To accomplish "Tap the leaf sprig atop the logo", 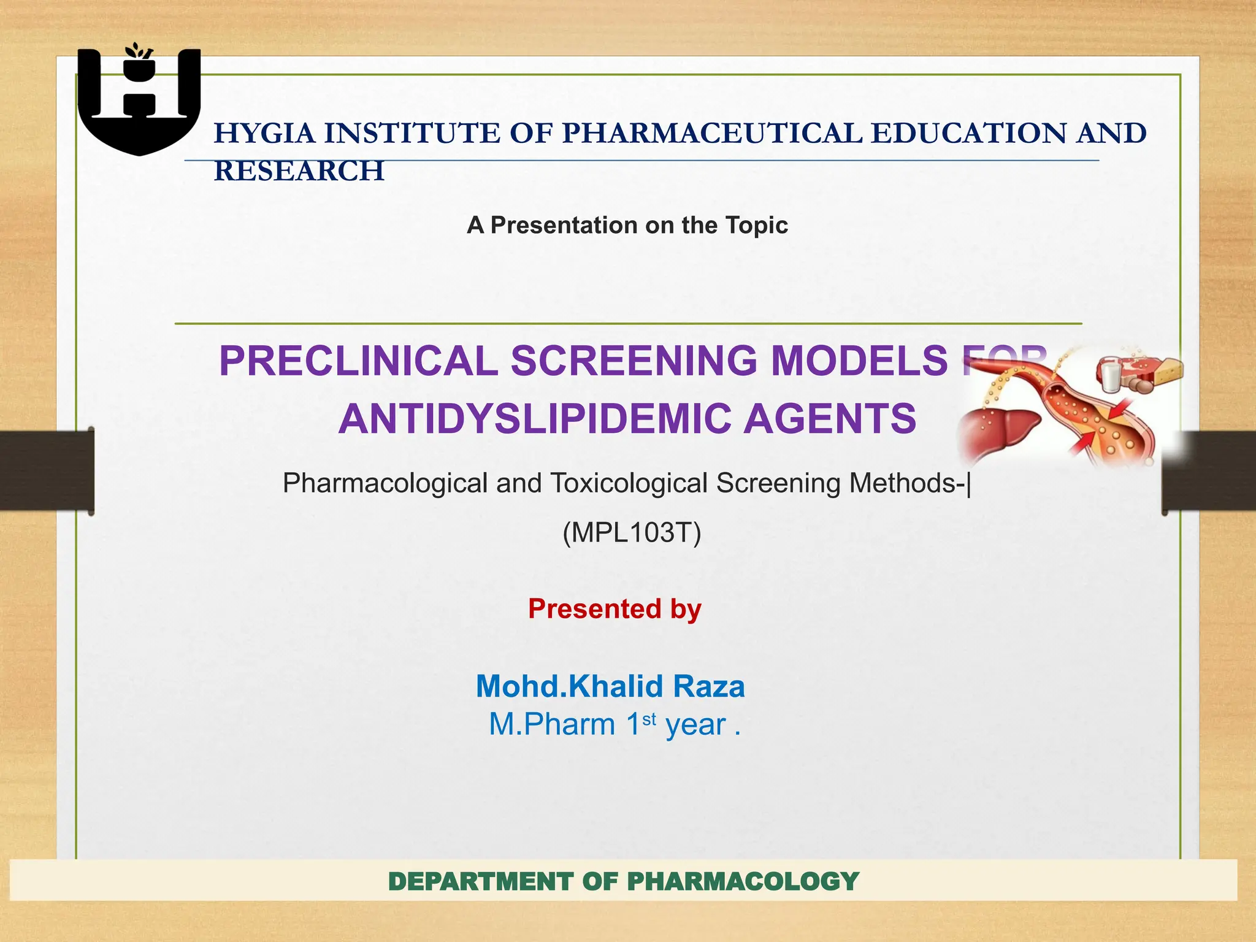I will tap(138, 52).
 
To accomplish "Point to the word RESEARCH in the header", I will tap(299, 171).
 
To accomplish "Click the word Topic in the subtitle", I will tap(756, 225).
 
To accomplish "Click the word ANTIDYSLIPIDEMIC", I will tap(534, 419).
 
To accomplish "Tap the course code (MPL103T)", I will tap(632, 532).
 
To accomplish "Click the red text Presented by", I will tap(615, 609).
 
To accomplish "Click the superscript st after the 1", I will tap(649, 718).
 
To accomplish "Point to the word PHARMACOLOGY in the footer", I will tap(743, 882).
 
